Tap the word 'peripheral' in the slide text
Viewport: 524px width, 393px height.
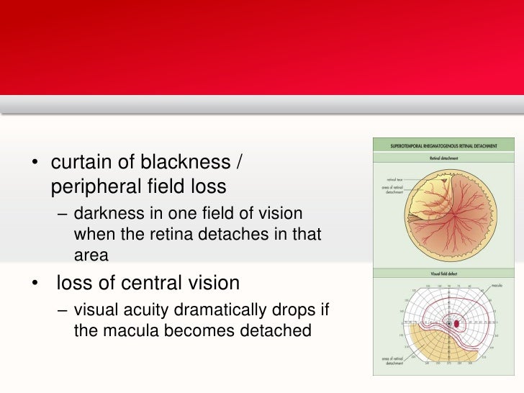[x=96, y=187]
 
